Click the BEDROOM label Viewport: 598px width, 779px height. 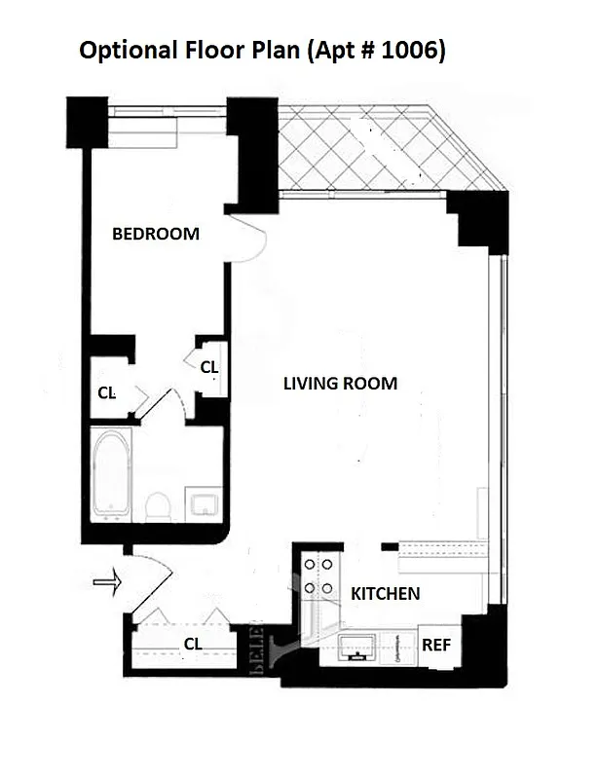point(156,234)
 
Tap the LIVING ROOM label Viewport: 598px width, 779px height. point(340,384)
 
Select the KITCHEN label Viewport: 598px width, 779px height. point(386,593)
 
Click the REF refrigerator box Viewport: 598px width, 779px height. point(436,646)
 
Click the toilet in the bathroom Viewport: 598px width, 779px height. point(158,504)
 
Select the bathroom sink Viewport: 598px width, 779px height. point(206,503)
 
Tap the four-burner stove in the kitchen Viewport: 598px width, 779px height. point(317,575)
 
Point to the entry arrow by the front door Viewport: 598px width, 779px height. point(104,583)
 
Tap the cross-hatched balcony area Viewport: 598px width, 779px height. point(380,149)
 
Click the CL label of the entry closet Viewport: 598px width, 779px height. point(193,643)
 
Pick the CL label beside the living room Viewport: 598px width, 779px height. point(208,367)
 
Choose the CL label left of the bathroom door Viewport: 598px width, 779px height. point(107,393)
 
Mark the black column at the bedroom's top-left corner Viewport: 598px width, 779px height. point(87,122)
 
